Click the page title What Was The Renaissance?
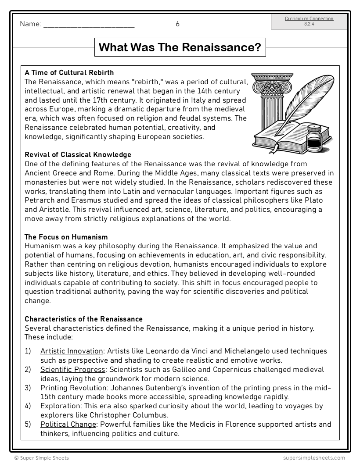[x=180, y=47]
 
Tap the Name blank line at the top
[x=89, y=25]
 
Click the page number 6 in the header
[x=177, y=24]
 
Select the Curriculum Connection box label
[x=309, y=19]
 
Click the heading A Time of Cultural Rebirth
[x=69, y=72]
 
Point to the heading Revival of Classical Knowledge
[x=78, y=154]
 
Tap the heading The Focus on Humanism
[x=66, y=237]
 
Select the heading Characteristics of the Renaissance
[x=83, y=319]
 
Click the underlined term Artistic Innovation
[x=72, y=351]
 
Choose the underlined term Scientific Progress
[x=73, y=370]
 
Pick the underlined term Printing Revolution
[x=73, y=388]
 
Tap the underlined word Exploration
[x=60, y=406]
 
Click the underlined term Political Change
[x=68, y=424]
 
